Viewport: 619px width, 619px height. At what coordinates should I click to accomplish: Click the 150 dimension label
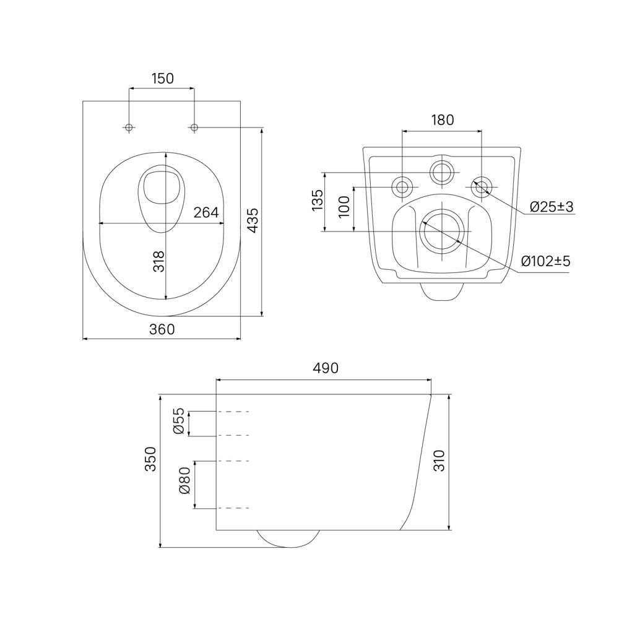pos(162,79)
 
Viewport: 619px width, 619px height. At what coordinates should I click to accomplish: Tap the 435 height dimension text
pos(253,220)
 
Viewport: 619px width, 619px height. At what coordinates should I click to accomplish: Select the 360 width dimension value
pos(162,329)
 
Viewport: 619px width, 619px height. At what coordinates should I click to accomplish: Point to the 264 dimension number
pos(206,212)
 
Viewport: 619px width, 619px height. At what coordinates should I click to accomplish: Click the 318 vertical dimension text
pos(158,261)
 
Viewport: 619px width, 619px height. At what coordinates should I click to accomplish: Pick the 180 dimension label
pos(442,119)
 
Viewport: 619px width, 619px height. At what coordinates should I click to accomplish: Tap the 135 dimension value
pos(318,200)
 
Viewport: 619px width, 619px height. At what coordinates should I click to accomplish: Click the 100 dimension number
pos(344,207)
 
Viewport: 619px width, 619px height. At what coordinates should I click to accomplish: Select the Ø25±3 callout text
pos(552,207)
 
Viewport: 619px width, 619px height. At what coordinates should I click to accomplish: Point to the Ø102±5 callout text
pos(545,261)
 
